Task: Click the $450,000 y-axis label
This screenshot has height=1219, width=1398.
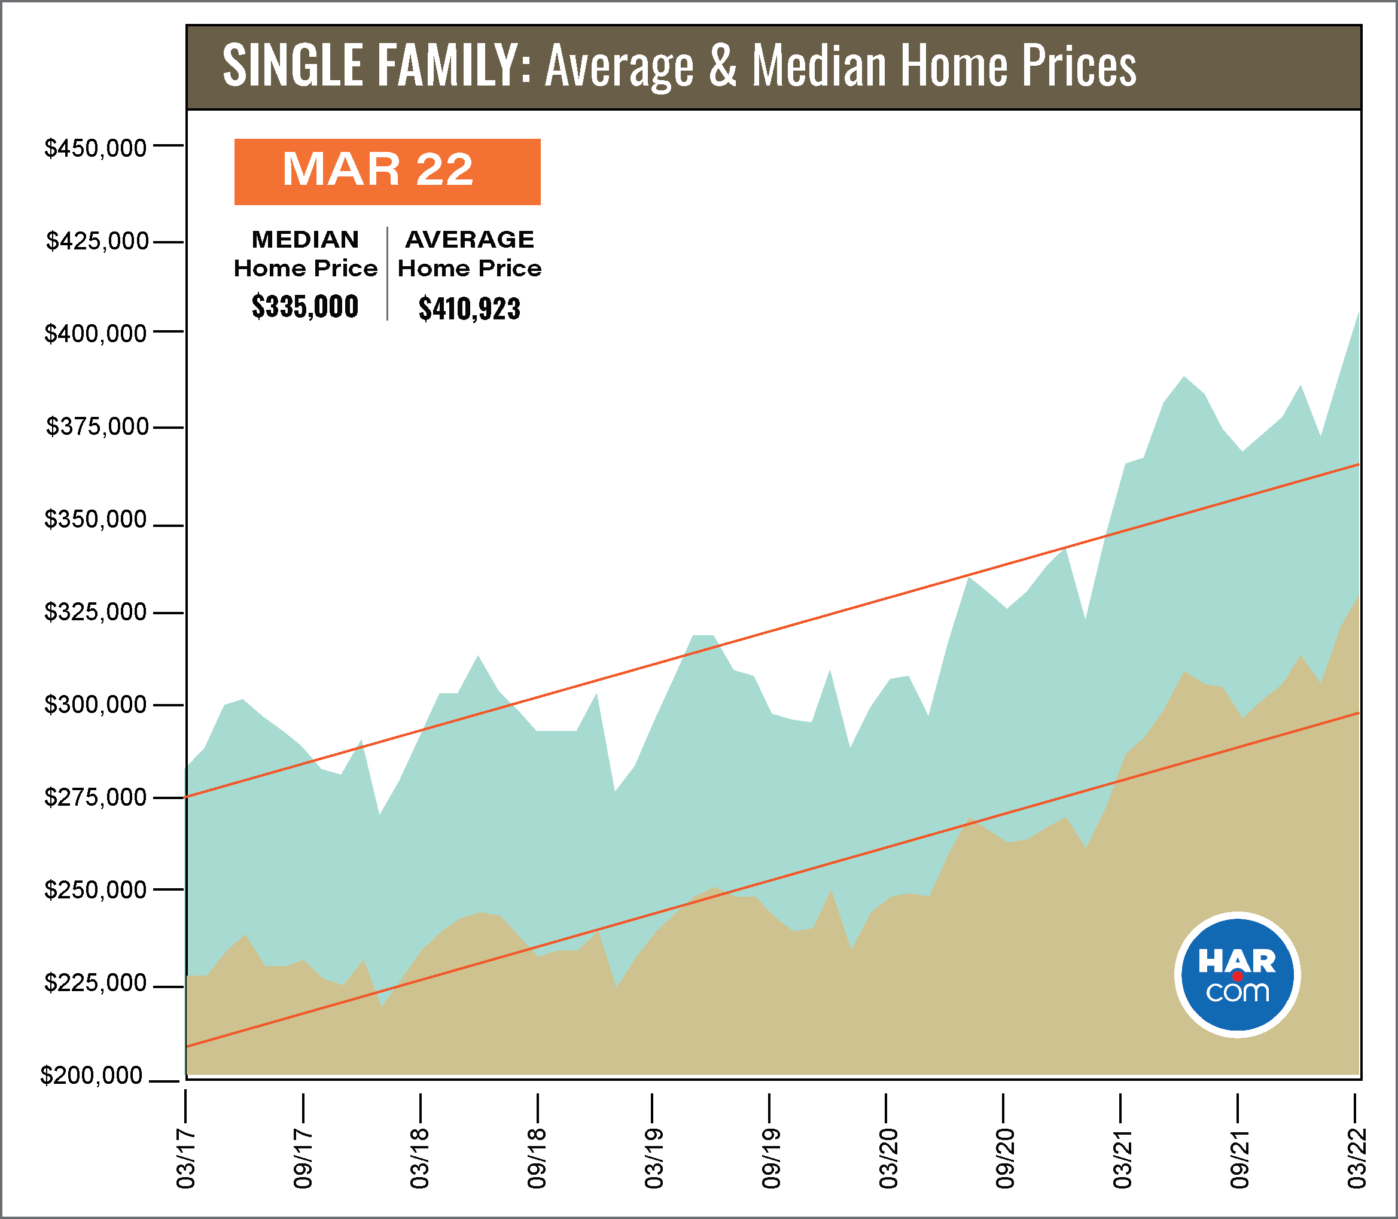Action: click(95, 148)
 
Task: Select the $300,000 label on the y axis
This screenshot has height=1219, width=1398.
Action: click(95, 705)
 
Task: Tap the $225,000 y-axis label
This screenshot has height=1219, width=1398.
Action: click(95, 983)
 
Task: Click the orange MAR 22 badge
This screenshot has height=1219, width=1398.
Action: click(387, 172)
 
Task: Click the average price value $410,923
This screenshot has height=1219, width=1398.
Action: click(470, 309)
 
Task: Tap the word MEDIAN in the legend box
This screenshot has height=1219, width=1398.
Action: click(306, 239)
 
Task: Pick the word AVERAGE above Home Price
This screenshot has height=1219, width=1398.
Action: click(470, 239)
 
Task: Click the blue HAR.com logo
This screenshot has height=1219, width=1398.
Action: click(1236, 975)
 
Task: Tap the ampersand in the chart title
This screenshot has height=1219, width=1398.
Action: click(723, 66)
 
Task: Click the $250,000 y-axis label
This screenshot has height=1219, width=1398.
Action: click(95, 891)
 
